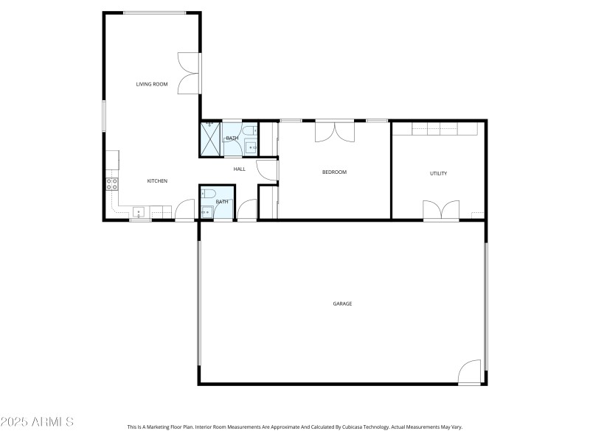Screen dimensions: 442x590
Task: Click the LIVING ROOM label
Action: [152, 84]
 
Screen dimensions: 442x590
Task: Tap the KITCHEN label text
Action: [157, 181]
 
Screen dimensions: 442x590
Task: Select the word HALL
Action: [240, 169]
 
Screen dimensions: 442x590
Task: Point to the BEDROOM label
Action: [334, 172]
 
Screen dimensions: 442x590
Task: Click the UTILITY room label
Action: [439, 174]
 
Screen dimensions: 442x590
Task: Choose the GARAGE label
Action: [342, 304]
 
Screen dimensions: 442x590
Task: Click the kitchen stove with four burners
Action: [112, 184]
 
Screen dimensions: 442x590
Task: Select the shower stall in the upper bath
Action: [211, 138]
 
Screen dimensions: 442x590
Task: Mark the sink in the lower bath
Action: [206, 211]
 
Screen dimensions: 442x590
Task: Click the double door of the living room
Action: [190, 74]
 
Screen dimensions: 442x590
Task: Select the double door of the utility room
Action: [441, 210]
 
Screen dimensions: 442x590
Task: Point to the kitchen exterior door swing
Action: [184, 211]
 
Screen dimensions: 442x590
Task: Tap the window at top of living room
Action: [154, 13]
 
